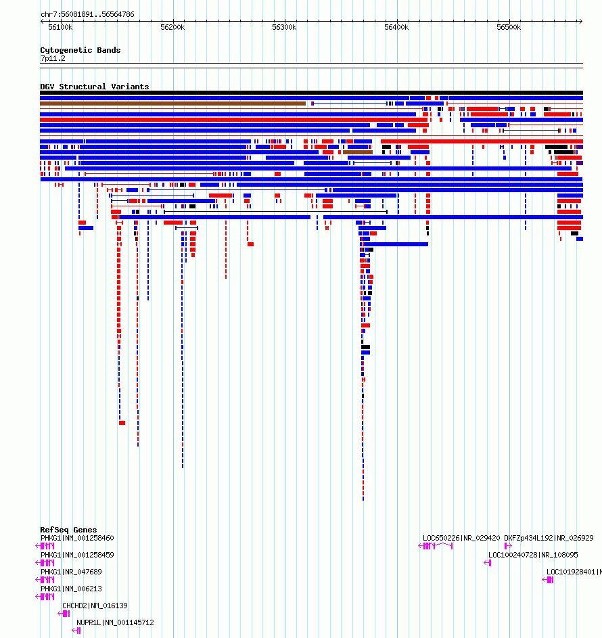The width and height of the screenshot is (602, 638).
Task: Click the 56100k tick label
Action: click(60, 27)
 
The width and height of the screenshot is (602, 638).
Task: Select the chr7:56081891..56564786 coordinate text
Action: click(87, 14)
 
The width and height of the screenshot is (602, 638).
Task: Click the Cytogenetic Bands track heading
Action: click(80, 50)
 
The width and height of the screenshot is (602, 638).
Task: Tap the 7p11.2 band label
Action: click(53, 58)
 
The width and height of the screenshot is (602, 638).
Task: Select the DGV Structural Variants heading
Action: click(94, 87)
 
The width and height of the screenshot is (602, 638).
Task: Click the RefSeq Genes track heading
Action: click(68, 530)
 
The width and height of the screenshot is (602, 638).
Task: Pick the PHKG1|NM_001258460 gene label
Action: click(77, 538)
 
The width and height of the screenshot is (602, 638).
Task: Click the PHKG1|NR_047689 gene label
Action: click(71, 572)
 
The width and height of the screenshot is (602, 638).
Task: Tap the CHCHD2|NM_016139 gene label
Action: click(95, 606)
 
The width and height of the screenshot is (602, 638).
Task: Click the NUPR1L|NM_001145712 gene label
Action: click(115, 622)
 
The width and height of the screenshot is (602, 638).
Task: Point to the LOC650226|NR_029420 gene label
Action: click(461, 538)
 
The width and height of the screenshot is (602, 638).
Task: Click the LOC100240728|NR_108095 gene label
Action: click(533, 555)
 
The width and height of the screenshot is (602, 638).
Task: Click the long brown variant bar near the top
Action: click(172, 104)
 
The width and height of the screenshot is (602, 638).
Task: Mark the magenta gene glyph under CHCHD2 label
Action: click(66, 614)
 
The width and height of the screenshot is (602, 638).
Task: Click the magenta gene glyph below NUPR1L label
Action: click(78, 631)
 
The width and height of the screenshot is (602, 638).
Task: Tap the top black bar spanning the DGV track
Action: click(311, 93)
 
